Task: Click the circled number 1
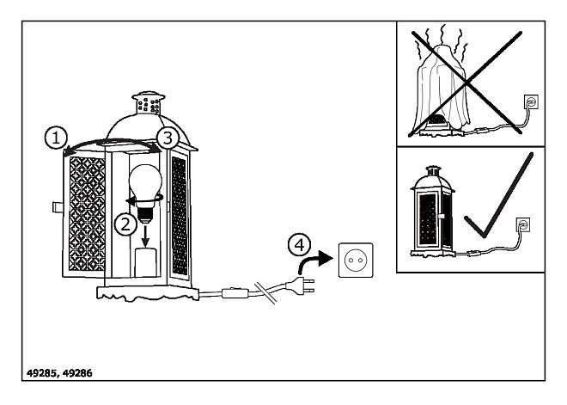click(56, 138)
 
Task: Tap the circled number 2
click(125, 224)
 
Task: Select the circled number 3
click(168, 138)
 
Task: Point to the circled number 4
click(299, 245)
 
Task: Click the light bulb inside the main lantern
click(145, 193)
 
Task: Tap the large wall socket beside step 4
click(356, 261)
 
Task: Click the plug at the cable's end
click(300, 285)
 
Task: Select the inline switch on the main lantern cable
click(235, 292)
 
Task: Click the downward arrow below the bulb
click(145, 236)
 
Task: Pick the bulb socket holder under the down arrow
click(145, 263)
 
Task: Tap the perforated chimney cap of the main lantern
click(149, 103)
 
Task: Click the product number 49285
click(41, 373)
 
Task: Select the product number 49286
click(77, 373)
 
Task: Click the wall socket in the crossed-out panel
click(531, 101)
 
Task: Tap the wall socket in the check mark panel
click(523, 224)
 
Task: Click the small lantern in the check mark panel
click(432, 212)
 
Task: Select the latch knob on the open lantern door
click(58, 207)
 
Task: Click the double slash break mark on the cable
click(265, 292)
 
